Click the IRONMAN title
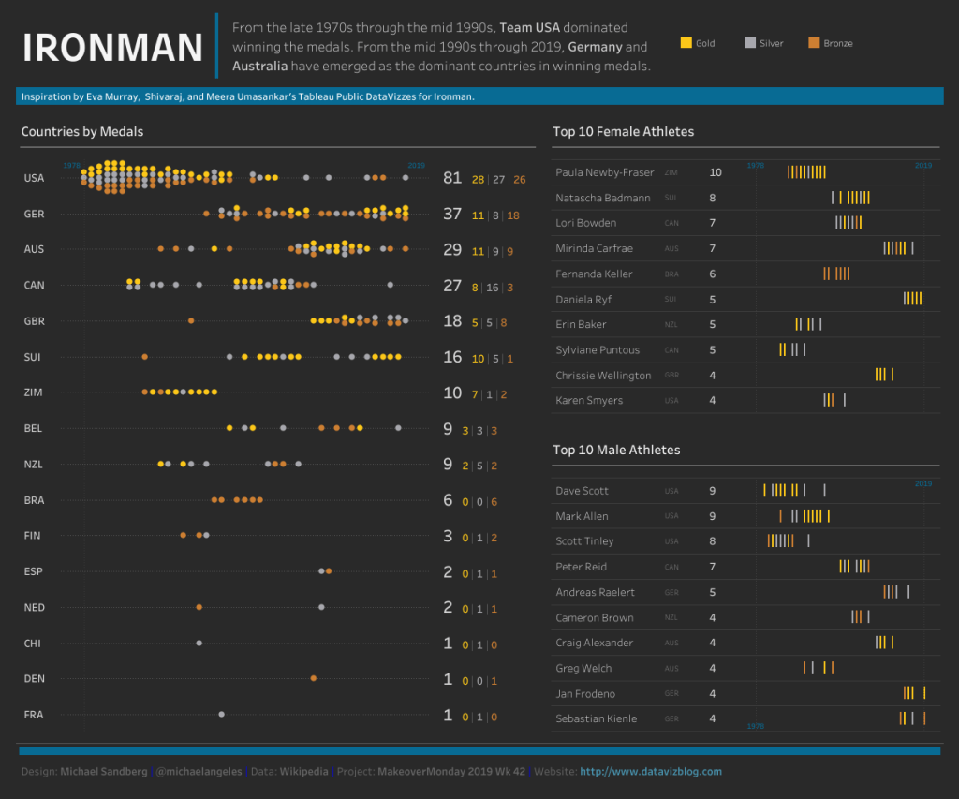112,47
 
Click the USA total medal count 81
453,178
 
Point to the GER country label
35,214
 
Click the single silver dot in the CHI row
199,643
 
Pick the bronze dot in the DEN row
313,678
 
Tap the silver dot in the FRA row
221,714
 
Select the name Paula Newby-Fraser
604,172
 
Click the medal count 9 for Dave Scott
713,491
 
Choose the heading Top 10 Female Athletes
623,132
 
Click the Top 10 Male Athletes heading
616,451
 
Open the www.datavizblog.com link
651,772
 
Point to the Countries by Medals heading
82,132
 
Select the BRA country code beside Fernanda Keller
671,274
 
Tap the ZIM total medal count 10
453,392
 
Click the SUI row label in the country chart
33,357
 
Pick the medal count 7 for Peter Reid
713,567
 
